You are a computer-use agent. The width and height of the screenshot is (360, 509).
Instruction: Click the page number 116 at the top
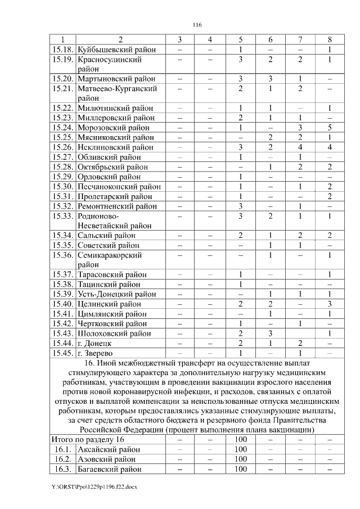197,25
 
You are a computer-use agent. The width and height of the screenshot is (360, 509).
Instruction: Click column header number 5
240,40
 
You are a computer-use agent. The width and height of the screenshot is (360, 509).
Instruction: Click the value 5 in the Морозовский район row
330,127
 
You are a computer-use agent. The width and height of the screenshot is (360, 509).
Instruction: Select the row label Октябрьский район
112,166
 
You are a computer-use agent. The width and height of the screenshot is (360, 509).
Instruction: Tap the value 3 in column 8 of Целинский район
330,304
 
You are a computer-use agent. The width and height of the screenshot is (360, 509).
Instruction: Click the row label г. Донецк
94,343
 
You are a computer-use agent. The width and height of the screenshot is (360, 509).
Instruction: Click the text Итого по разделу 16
87,439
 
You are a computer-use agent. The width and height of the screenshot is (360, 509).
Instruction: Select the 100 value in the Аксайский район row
241,449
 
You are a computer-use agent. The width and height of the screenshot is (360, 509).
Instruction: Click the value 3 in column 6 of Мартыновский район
270,79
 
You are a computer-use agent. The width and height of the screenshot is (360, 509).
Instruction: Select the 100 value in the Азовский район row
241,459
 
